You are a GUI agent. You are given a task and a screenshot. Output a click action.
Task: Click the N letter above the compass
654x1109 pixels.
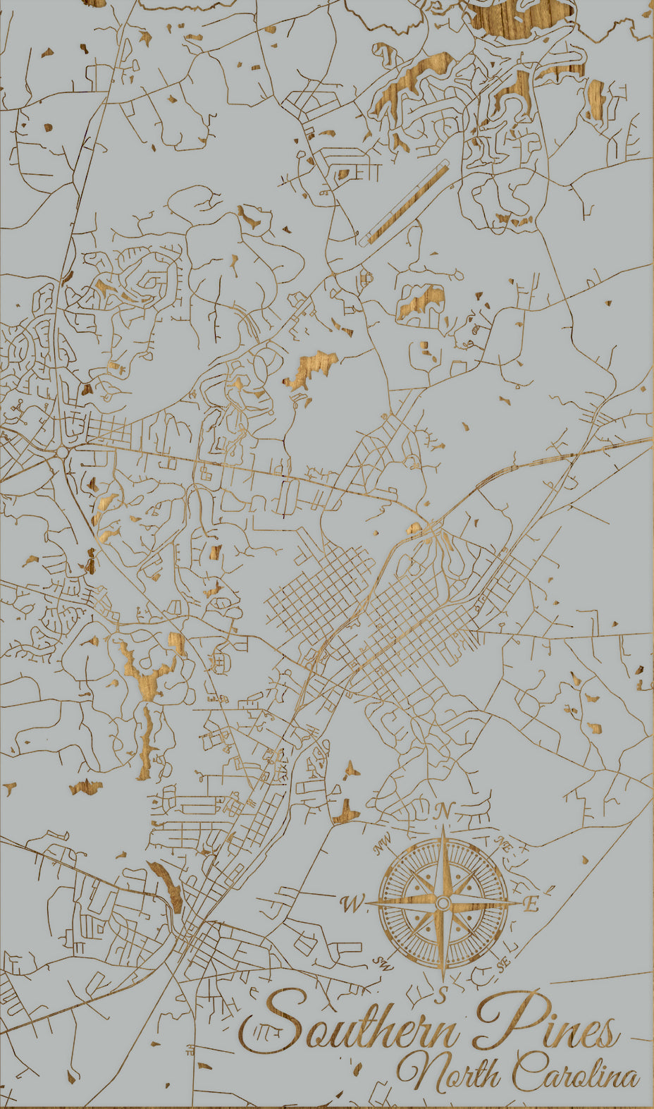(x=443, y=811)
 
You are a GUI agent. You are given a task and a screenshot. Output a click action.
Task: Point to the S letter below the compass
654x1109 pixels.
(x=442, y=995)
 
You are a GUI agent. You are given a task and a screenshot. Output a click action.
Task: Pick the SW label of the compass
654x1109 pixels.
(x=382, y=962)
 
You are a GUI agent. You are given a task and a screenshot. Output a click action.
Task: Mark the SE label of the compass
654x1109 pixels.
(x=502, y=963)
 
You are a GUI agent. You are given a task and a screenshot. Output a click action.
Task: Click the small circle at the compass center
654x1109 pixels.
(x=443, y=903)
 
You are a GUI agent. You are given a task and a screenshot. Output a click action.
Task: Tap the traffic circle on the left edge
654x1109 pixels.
(x=63, y=451)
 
